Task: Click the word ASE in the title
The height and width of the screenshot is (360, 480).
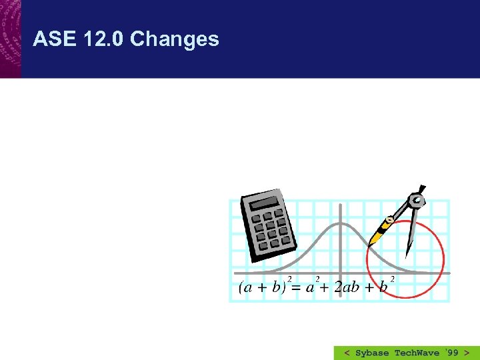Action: [x=55, y=39]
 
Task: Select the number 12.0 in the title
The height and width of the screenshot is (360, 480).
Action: [x=104, y=39]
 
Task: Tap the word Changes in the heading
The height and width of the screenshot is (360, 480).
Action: [x=174, y=39]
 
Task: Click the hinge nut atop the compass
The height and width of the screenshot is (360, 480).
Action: [x=417, y=199]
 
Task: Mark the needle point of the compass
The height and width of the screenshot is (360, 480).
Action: [x=407, y=255]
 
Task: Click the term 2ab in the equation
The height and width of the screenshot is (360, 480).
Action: [x=347, y=287]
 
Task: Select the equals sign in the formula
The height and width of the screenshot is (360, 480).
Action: [x=295, y=287]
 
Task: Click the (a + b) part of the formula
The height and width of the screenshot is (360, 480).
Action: [x=262, y=287]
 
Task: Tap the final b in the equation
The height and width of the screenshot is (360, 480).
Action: [x=383, y=287]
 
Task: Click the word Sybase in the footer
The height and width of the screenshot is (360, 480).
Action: [x=373, y=353]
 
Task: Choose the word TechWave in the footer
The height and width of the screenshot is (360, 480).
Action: [x=417, y=353]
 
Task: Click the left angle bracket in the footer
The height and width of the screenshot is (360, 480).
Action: [x=347, y=353]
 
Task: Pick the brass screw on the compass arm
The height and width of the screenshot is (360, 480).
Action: [x=389, y=221]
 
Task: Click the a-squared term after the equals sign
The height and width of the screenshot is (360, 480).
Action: [x=309, y=287]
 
